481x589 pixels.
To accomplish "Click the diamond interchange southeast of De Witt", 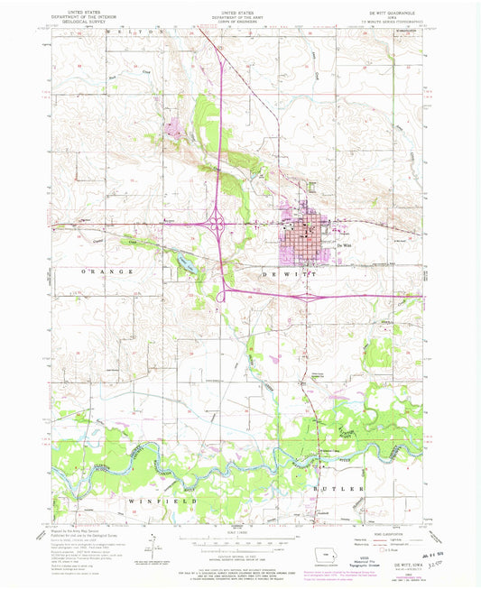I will [x=313, y=294].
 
